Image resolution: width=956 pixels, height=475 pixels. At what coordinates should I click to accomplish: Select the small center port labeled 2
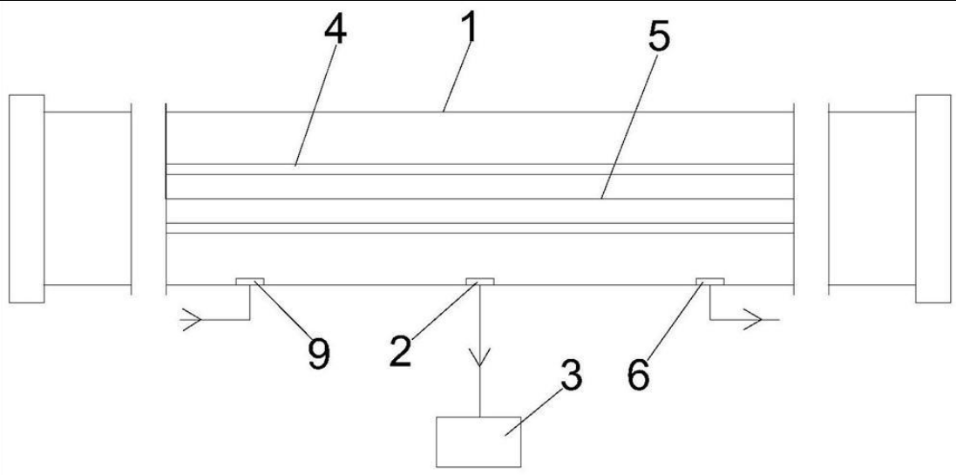click(x=479, y=281)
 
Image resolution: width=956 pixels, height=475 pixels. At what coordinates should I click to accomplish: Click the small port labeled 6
click(x=709, y=281)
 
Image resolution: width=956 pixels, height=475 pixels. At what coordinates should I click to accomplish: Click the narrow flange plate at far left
click(x=25, y=198)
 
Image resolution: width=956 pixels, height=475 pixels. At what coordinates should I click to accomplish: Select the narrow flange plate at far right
click(x=932, y=198)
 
